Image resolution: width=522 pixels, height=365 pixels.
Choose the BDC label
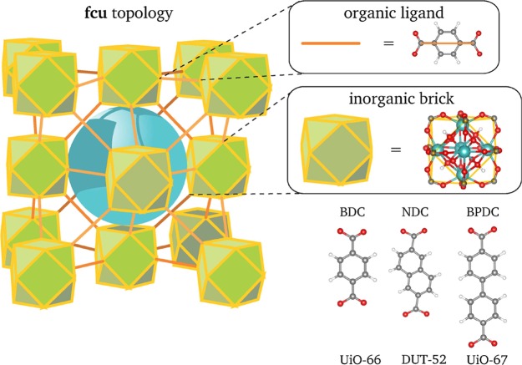point(347,212)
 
